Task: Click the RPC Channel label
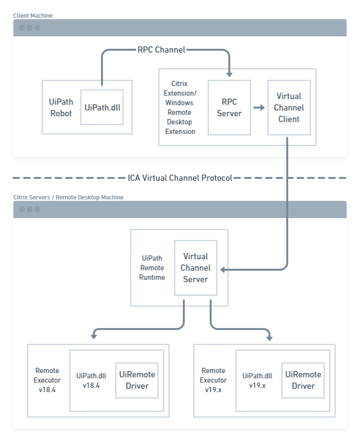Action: (x=161, y=50)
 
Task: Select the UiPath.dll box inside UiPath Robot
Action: (x=102, y=107)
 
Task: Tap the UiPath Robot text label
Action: (x=61, y=108)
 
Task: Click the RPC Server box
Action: (x=229, y=108)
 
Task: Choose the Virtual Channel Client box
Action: (x=289, y=108)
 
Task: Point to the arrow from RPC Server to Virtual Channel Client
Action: (x=259, y=108)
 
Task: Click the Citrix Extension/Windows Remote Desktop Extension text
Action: (x=180, y=108)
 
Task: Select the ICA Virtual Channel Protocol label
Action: (x=180, y=178)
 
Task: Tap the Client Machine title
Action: (x=33, y=16)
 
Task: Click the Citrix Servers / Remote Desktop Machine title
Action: (x=68, y=198)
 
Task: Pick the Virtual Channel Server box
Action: (x=195, y=268)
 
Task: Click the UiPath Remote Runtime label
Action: (x=153, y=268)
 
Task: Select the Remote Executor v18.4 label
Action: (x=47, y=380)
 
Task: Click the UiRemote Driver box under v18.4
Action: (x=137, y=380)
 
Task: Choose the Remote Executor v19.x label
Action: (x=214, y=380)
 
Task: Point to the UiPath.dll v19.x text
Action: (x=257, y=380)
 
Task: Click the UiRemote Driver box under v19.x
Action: (x=303, y=380)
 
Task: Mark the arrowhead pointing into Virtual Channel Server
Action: (x=224, y=270)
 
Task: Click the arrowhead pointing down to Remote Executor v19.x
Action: (x=270, y=338)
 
